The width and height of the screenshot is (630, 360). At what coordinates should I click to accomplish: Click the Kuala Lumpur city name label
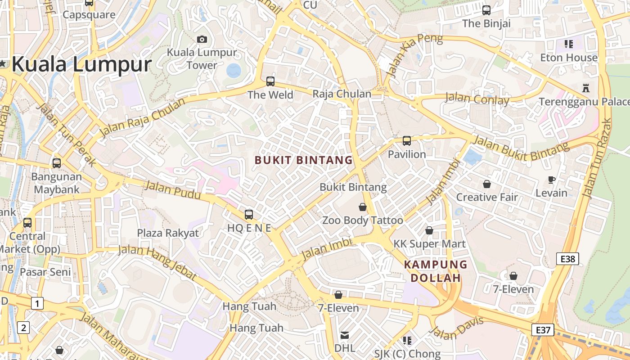(x=81, y=64)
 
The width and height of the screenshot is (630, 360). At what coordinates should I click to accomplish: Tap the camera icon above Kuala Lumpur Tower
(x=202, y=39)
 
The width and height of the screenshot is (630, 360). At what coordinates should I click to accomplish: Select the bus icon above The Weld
(x=270, y=81)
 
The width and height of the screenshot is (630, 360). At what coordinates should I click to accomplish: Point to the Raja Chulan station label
(x=342, y=94)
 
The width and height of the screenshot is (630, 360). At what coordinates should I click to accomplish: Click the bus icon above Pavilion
(x=407, y=141)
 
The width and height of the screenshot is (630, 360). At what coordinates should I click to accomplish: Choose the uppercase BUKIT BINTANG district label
(x=304, y=160)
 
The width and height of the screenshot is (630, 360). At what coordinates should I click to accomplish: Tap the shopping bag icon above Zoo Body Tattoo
(x=363, y=207)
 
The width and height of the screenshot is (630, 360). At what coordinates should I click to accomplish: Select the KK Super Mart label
(x=429, y=244)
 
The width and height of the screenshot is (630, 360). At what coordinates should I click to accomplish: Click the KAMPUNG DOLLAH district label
(x=436, y=271)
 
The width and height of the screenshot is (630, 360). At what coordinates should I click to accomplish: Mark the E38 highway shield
(x=567, y=259)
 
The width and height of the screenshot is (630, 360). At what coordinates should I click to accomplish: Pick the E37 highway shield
(x=543, y=330)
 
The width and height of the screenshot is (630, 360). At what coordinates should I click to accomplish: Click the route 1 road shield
(x=37, y=303)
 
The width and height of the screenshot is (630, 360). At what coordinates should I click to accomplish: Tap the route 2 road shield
(x=23, y=328)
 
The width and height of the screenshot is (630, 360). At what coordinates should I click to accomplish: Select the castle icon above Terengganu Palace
(x=585, y=87)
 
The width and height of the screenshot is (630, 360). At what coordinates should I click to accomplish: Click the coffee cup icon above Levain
(x=552, y=180)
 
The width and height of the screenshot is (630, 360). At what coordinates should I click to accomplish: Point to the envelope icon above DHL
(x=345, y=335)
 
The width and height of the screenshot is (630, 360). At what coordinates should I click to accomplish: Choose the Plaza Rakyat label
(x=168, y=233)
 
